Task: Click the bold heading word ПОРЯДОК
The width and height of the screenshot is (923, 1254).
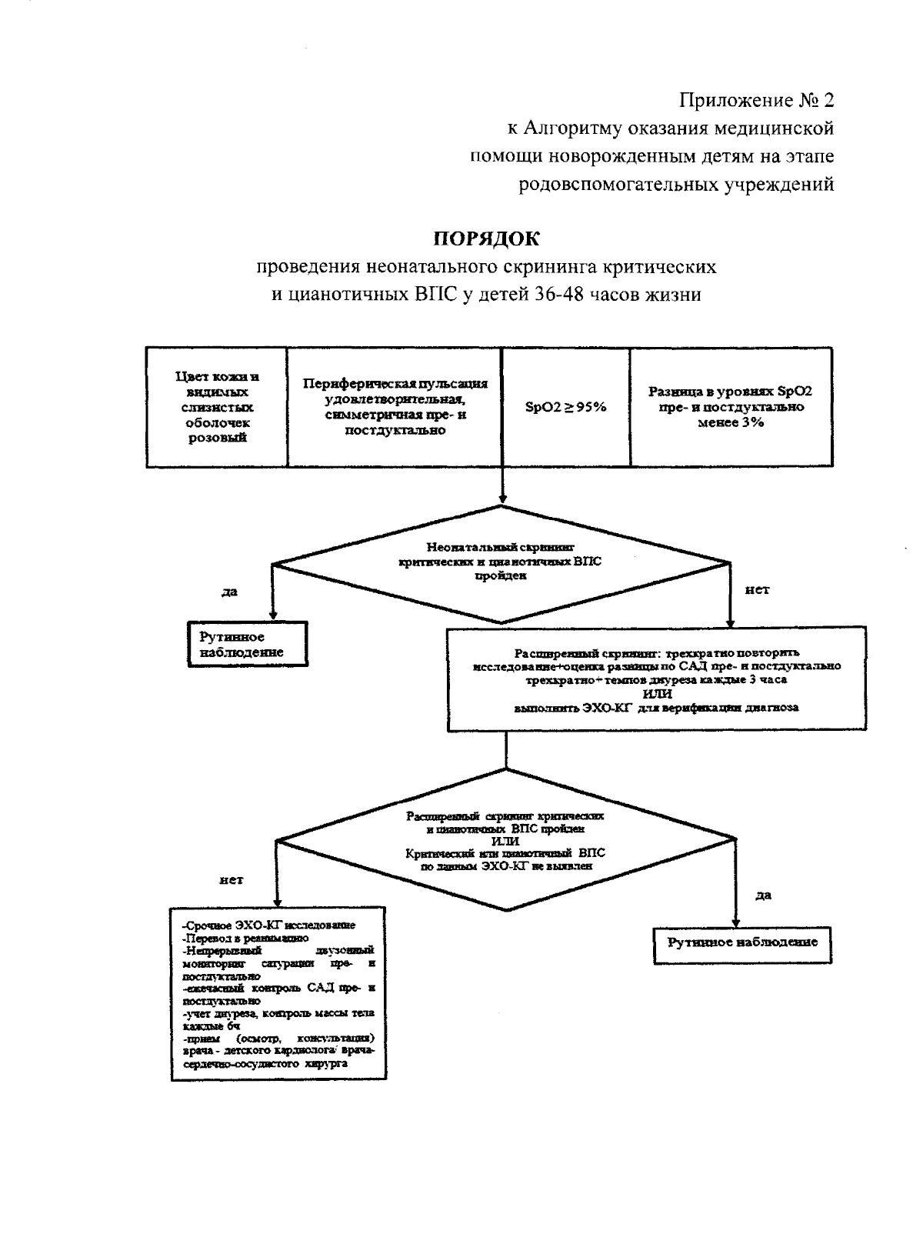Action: (x=488, y=238)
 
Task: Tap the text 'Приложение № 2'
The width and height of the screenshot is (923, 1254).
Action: (x=756, y=100)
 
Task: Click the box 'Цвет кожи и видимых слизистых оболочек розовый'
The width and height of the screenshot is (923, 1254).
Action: (x=217, y=407)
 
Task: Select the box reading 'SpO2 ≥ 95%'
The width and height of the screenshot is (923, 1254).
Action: (x=565, y=407)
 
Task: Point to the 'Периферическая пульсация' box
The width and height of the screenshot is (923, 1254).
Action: (x=395, y=407)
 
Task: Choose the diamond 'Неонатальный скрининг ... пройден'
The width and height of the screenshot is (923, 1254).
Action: (x=501, y=564)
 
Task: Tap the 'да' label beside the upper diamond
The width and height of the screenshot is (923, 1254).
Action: (x=229, y=592)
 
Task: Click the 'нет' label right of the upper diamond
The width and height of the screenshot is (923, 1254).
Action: (x=757, y=590)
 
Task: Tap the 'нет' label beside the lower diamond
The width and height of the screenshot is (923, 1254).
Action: (x=231, y=879)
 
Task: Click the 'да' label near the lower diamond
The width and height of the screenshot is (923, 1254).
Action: (x=763, y=895)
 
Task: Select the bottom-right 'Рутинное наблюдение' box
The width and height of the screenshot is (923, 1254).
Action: (x=742, y=942)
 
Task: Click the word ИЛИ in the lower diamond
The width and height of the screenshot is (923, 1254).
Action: (x=505, y=841)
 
